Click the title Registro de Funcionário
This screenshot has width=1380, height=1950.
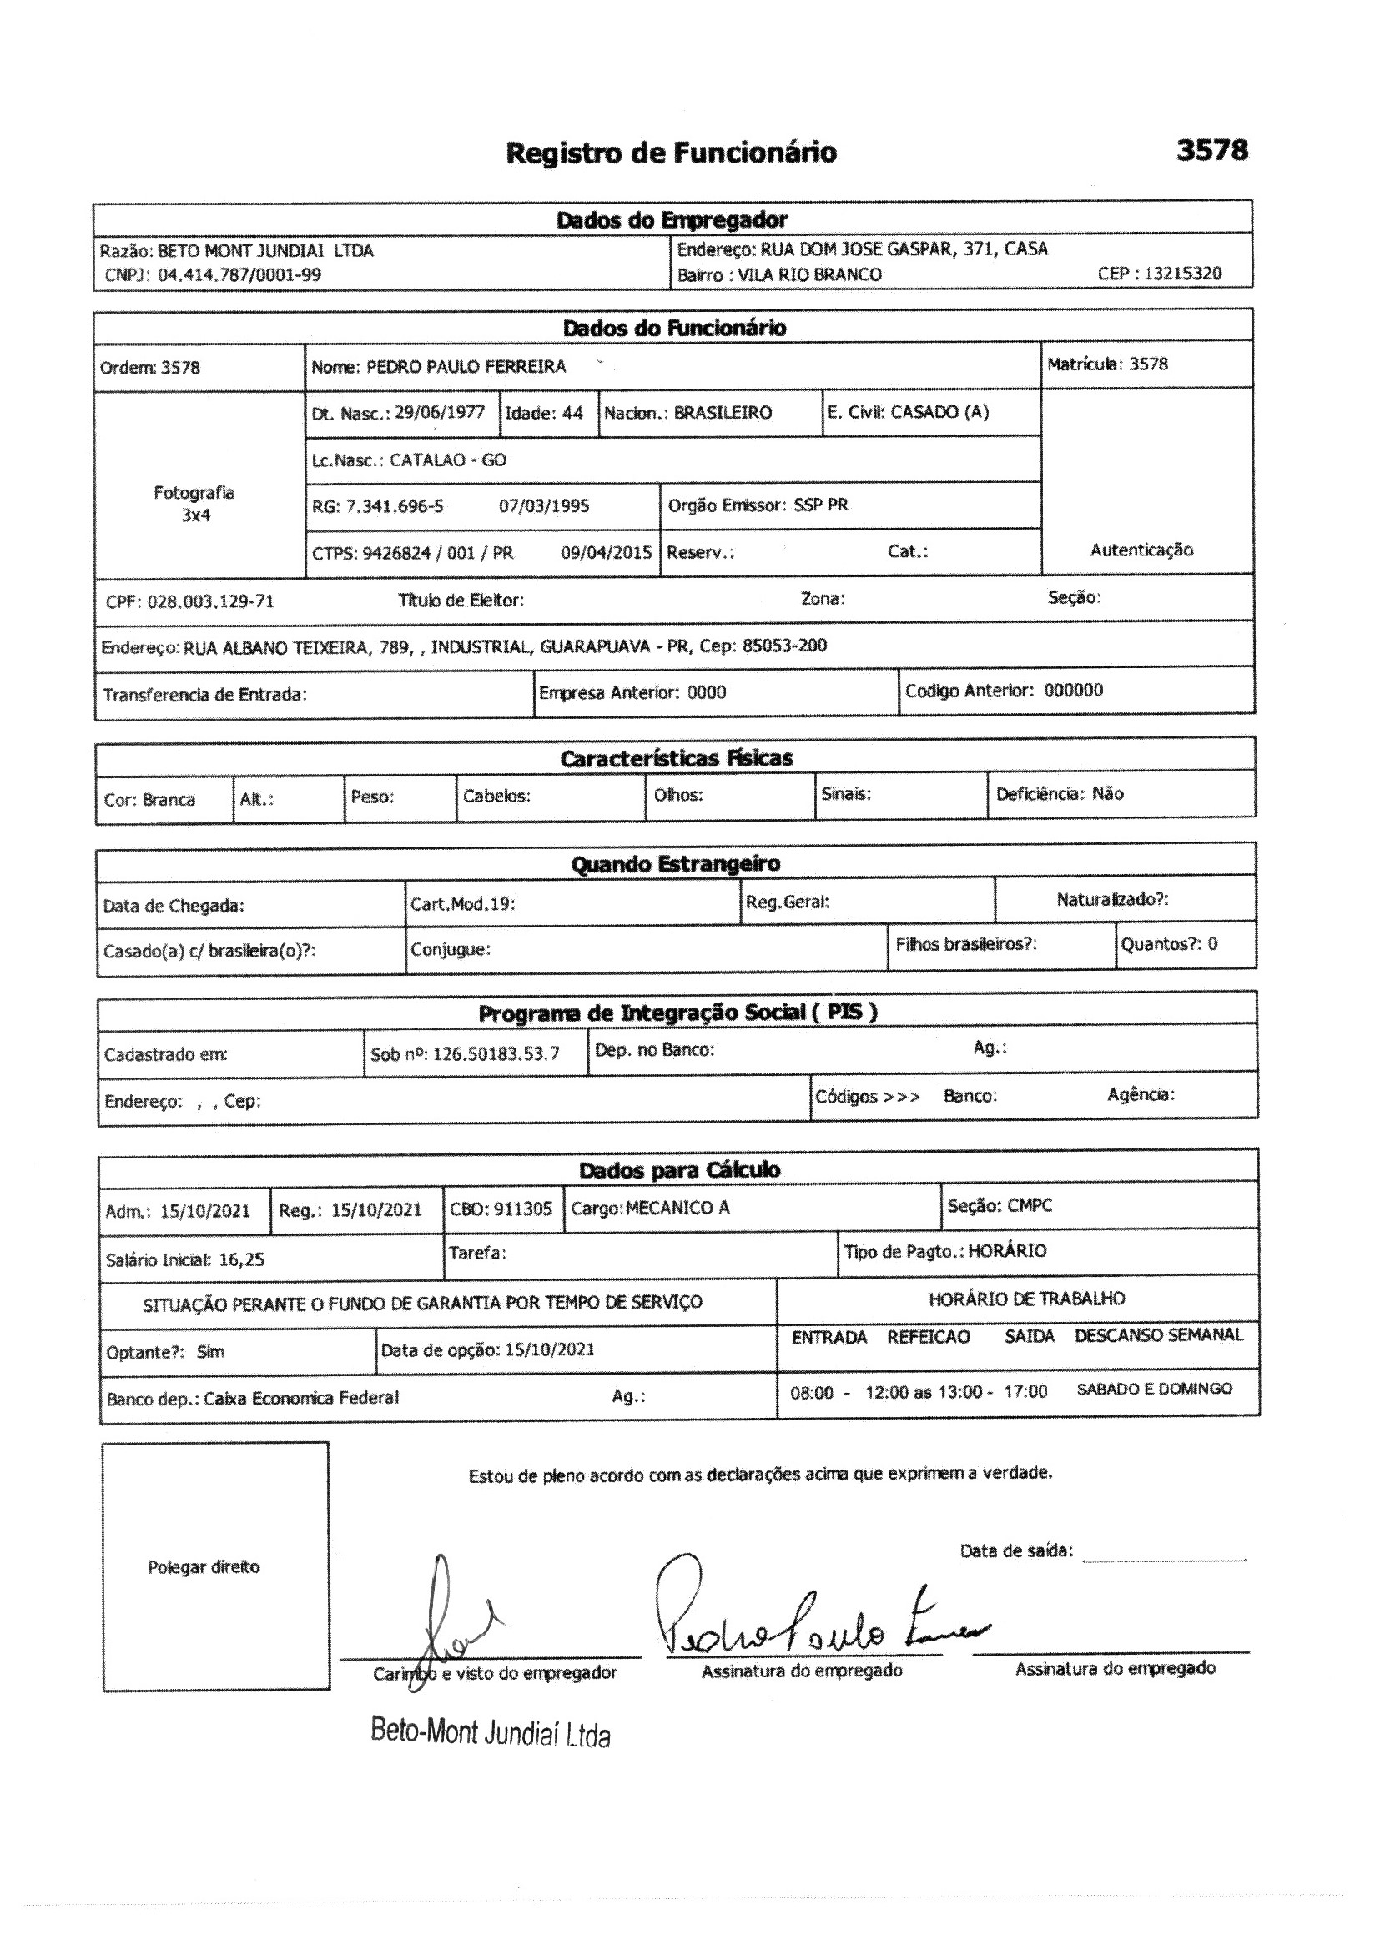[x=672, y=153]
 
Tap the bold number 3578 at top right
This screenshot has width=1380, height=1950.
[x=1211, y=150]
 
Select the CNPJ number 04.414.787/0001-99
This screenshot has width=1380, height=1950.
[x=239, y=274]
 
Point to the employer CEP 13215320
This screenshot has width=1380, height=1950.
[x=1183, y=274]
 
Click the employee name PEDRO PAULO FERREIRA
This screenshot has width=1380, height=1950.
[x=466, y=367]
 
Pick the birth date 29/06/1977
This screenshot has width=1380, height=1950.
[x=440, y=413]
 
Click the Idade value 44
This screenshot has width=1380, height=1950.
[x=572, y=414]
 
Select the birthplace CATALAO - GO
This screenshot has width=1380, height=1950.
[x=448, y=460]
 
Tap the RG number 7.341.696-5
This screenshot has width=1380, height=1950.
[x=395, y=507]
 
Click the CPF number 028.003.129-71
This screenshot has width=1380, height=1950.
[x=211, y=601]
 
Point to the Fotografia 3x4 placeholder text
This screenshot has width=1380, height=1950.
[x=194, y=504]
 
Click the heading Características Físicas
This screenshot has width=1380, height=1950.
[x=676, y=758]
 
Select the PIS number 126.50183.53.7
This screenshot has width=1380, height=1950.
[x=496, y=1054]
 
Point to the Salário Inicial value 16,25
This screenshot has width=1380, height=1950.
[x=241, y=1259]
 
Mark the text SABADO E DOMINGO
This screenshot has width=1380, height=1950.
[x=1154, y=1390]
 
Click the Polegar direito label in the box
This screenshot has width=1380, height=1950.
[x=204, y=1567]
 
